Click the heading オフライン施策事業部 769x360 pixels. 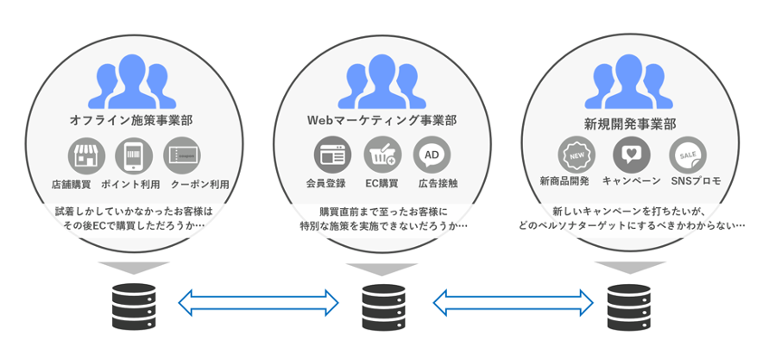click(x=131, y=120)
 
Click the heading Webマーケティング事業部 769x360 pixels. click(x=382, y=120)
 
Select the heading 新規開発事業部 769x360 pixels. click(x=630, y=124)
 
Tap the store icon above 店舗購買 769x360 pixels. click(x=86, y=156)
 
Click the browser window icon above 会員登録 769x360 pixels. click(x=332, y=155)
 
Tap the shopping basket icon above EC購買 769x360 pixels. click(x=382, y=155)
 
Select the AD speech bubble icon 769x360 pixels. click(x=432, y=155)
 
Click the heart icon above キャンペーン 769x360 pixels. click(x=631, y=155)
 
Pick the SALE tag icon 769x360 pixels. click(x=688, y=155)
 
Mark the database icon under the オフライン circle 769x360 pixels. click(x=134, y=307)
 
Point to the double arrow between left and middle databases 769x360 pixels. click(x=259, y=302)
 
